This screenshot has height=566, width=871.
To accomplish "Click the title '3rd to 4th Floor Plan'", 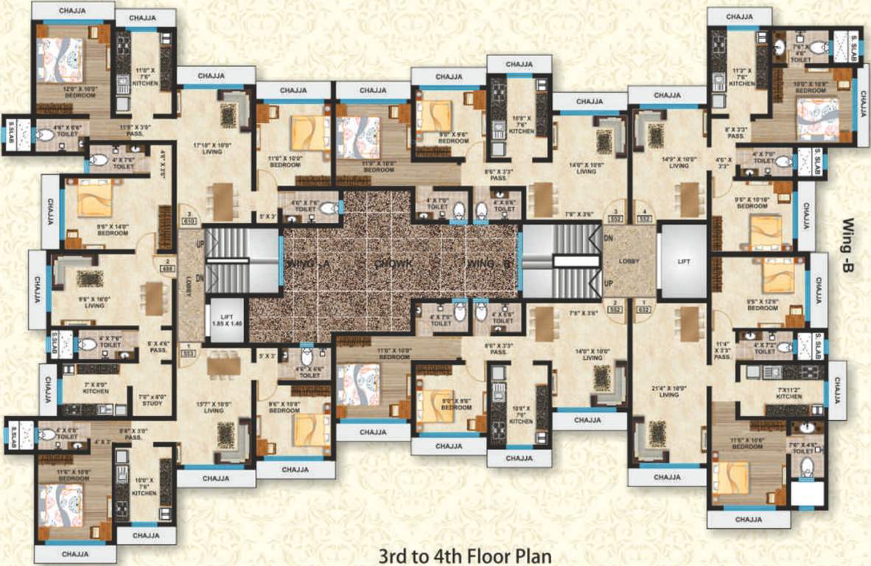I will click(x=465, y=553).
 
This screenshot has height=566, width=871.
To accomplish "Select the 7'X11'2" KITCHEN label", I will click(x=788, y=392).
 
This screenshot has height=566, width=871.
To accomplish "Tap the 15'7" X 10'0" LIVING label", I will click(x=213, y=407).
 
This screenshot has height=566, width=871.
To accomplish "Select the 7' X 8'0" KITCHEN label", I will click(x=97, y=388).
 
